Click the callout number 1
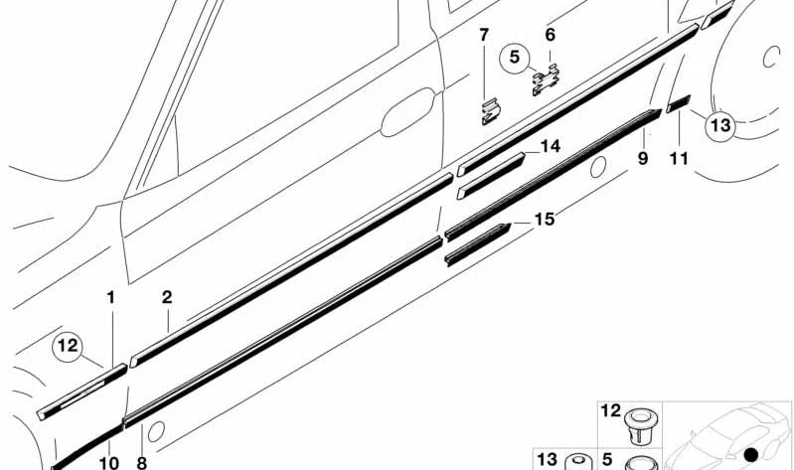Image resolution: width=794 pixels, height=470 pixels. (111, 297)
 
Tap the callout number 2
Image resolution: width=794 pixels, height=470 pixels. (167, 297)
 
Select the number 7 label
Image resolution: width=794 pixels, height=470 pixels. (484, 36)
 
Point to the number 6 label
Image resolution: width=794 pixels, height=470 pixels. (550, 35)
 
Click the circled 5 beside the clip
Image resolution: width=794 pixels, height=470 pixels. (516, 58)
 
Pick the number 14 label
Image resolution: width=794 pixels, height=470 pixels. (551, 147)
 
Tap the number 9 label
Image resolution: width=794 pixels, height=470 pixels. (643, 158)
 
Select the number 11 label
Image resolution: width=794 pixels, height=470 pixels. (680, 158)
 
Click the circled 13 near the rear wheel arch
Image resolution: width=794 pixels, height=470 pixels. (719, 125)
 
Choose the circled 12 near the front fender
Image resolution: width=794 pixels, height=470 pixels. (68, 347)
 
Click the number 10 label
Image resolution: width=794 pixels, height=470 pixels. (108, 462)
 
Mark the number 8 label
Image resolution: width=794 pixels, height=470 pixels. (141, 462)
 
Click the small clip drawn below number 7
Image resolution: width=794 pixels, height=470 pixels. (489, 110)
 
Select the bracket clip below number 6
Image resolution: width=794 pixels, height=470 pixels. (545, 79)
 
